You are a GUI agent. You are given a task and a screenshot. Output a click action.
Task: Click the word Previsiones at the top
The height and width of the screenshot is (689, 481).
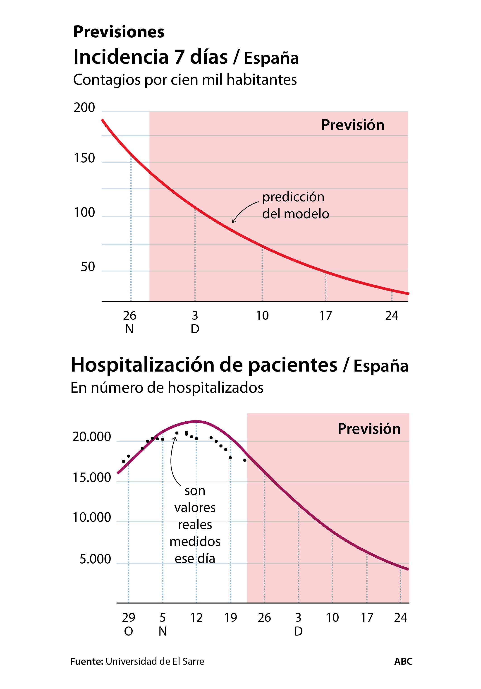click(119, 32)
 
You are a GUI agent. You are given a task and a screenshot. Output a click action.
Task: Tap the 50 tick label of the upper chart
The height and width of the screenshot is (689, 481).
click(88, 267)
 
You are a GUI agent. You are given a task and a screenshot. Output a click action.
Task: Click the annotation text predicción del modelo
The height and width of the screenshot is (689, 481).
click(295, 206)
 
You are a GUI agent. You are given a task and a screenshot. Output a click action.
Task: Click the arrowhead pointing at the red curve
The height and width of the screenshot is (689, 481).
click(233, 221)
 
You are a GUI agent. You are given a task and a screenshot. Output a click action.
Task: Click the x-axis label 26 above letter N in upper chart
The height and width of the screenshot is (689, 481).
click(130, 315)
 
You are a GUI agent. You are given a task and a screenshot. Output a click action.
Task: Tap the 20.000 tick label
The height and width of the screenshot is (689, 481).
click(91, 437)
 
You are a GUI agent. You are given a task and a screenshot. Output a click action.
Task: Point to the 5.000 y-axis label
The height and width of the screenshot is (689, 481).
click(95, 559)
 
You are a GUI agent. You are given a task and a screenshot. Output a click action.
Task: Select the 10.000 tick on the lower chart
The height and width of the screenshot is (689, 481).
click(91, 517)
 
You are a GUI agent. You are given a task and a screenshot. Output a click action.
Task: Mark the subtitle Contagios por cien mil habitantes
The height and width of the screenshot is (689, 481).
click(185, 80)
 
